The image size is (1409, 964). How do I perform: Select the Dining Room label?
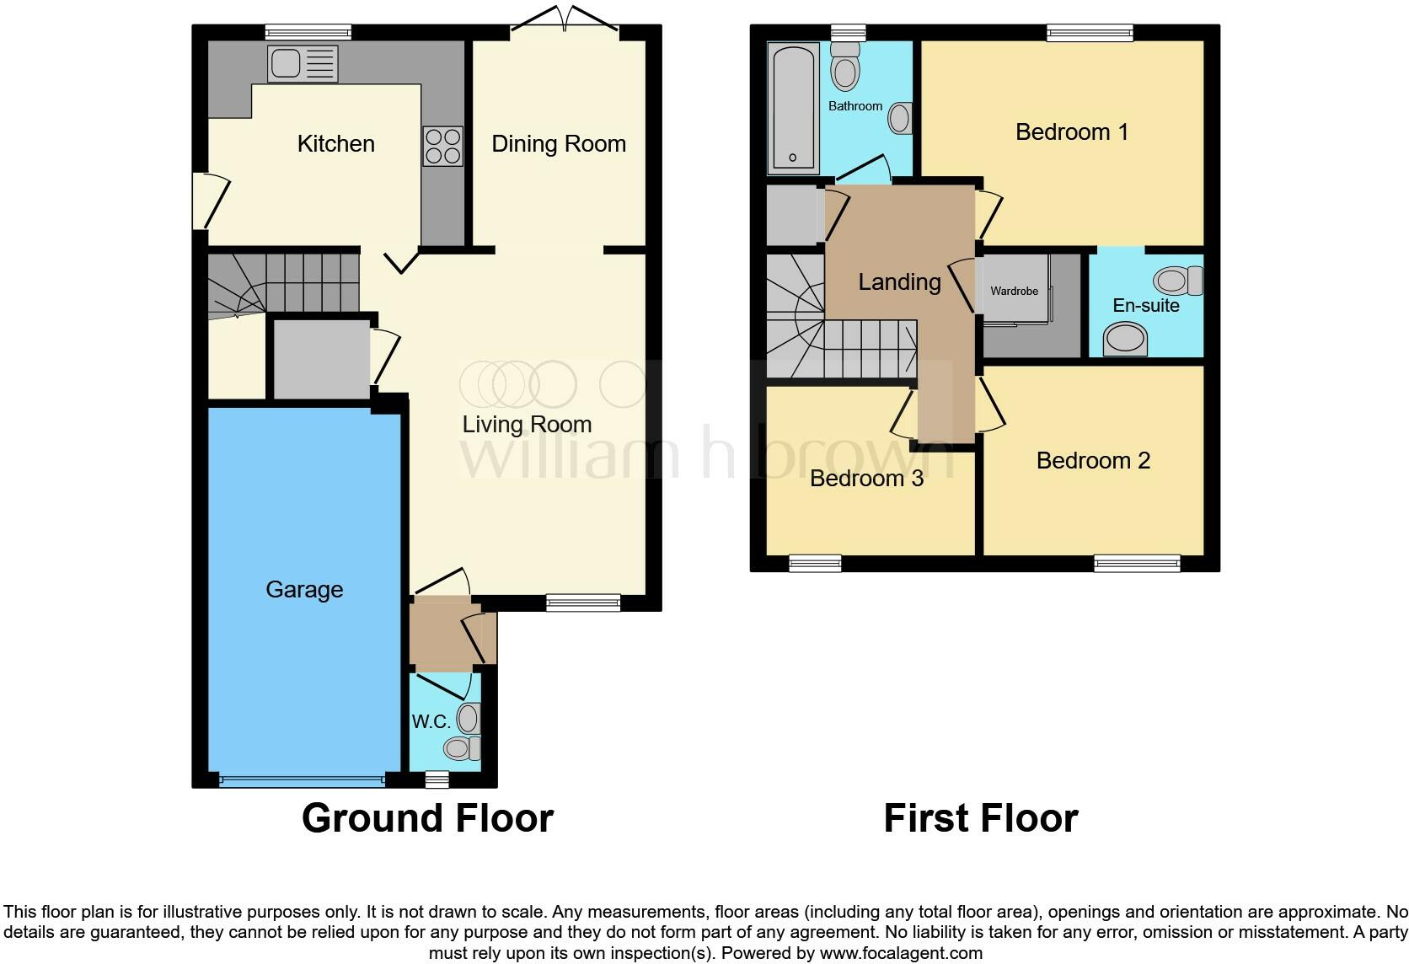click(558, 144)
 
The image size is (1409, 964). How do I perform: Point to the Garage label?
click(304, 590)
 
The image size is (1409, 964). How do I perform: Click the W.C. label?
click(430, 722)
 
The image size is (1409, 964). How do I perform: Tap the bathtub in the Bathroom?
click(792, 108)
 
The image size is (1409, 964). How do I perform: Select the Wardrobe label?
click(1014, 291)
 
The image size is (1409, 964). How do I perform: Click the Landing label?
click(899, 282)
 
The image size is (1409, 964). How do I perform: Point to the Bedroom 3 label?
click(866, 479)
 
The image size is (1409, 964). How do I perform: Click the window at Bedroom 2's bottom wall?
click(1137, 563)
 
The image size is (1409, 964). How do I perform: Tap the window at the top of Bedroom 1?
click(1090, 33)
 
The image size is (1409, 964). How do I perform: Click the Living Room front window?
click(582, 602)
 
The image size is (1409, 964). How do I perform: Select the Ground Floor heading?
click(427, 818)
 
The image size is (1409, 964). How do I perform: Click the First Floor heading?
click(980, 818)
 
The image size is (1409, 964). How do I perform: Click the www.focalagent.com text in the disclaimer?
click(900, 953)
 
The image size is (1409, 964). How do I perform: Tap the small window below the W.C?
click(437, 780)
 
